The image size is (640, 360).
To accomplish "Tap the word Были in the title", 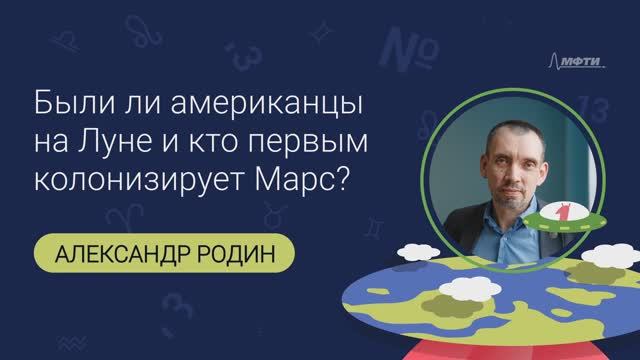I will [x=65, y=103].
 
